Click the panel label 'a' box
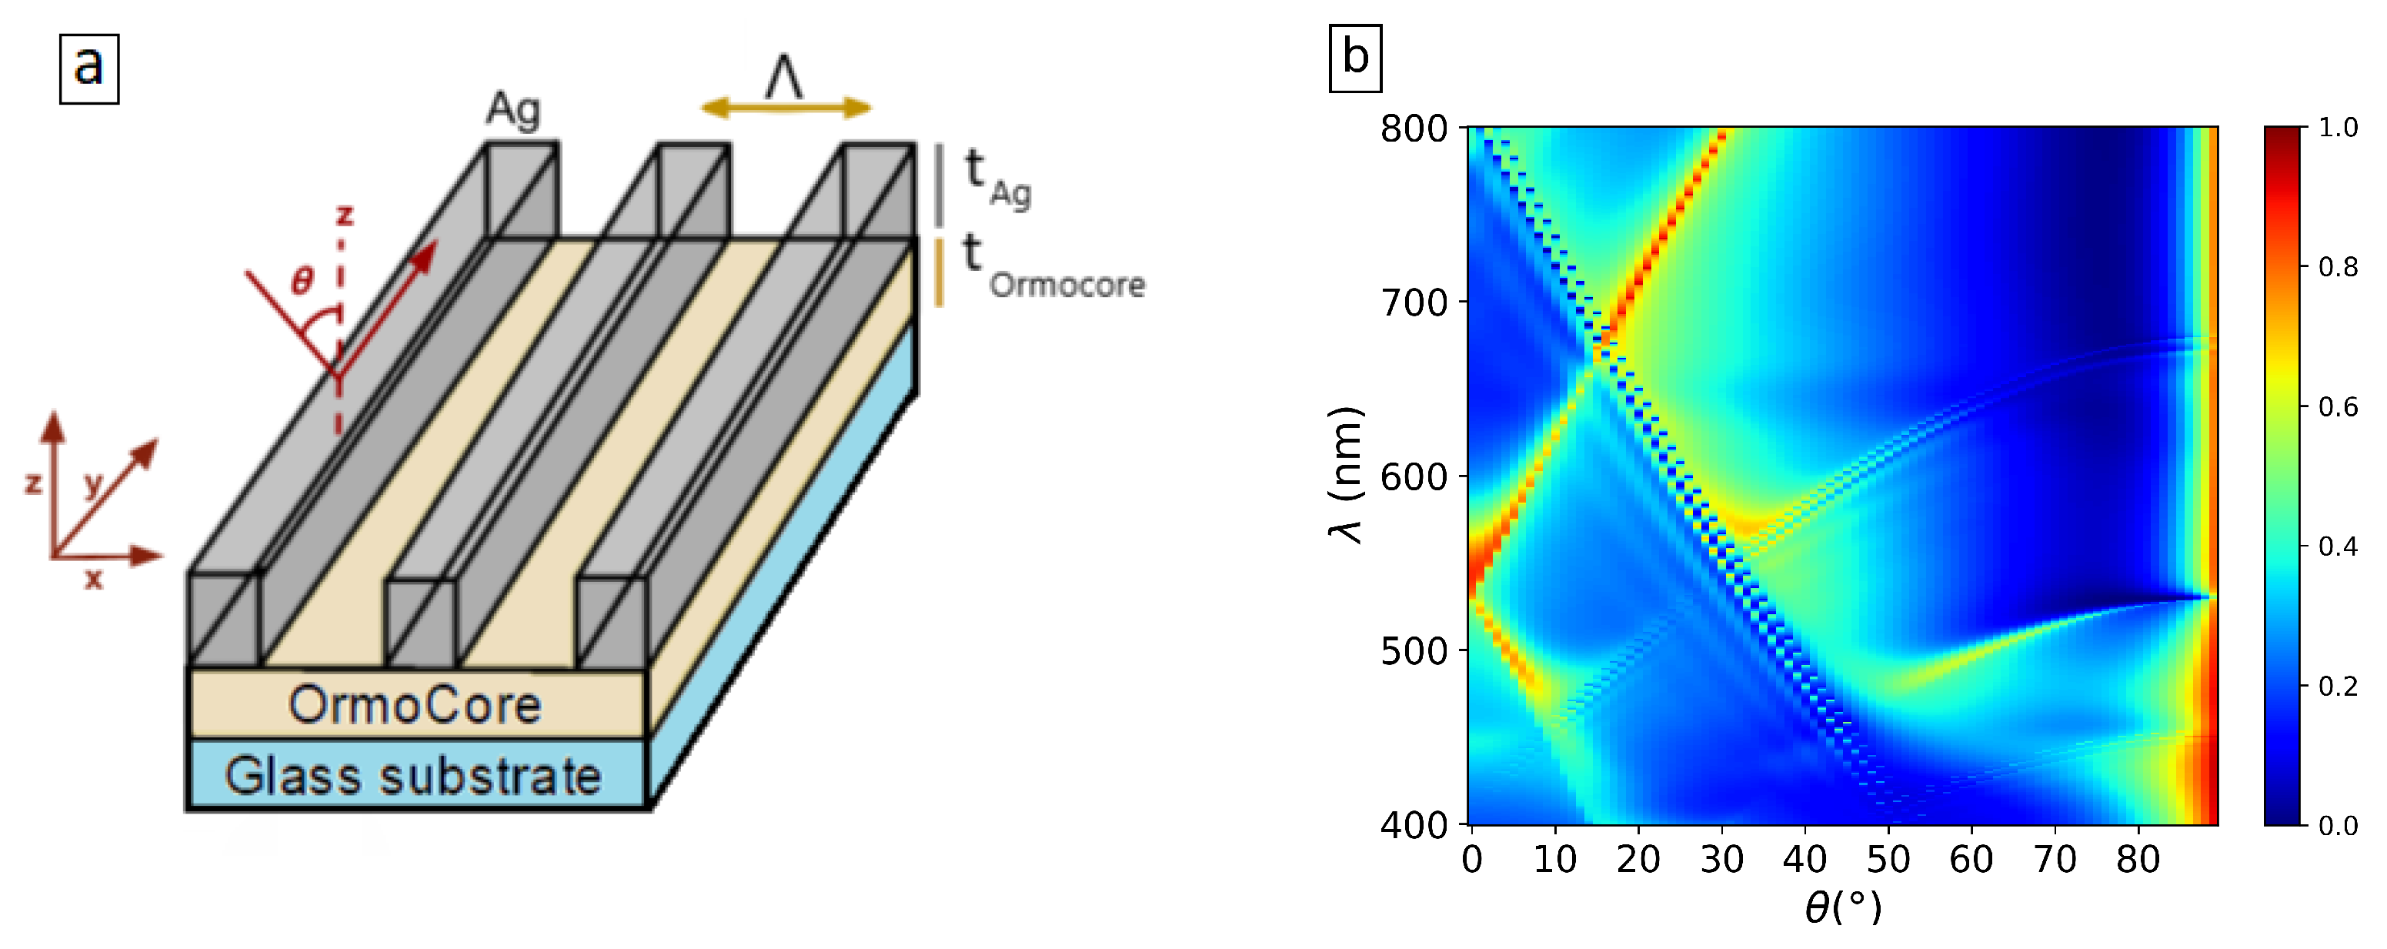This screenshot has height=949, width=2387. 89,69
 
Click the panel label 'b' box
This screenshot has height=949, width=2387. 1355,58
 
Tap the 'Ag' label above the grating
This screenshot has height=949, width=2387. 512,109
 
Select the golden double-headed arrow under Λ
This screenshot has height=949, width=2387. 785,109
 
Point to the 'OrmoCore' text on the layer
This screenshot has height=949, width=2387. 414,704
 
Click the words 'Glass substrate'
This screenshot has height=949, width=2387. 412,776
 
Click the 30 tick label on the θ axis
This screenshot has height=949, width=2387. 1721,860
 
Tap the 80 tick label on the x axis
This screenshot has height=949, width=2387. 2138,860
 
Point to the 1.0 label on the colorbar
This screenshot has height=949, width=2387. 2338,128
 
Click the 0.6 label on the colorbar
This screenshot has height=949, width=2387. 2338,407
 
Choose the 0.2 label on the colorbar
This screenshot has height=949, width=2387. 2338,686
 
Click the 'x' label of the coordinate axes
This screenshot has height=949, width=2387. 94,580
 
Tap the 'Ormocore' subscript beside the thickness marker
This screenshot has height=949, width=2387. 1067,285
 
